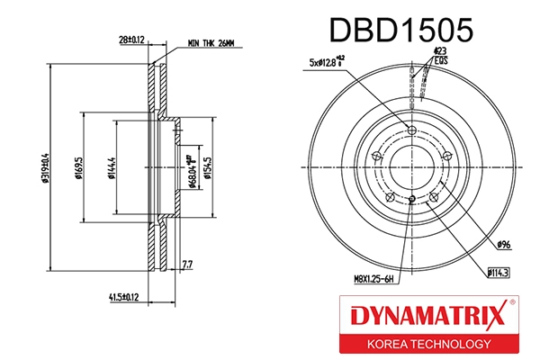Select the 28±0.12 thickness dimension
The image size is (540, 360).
(132, 40)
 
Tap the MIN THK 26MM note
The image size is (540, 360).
(210, 42)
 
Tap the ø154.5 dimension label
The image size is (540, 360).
(207, 165)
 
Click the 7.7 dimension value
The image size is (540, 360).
(187, 265)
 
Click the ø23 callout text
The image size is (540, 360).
(440, 51)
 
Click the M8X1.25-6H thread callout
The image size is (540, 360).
(373, 280)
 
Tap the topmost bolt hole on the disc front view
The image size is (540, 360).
(412, 131)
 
